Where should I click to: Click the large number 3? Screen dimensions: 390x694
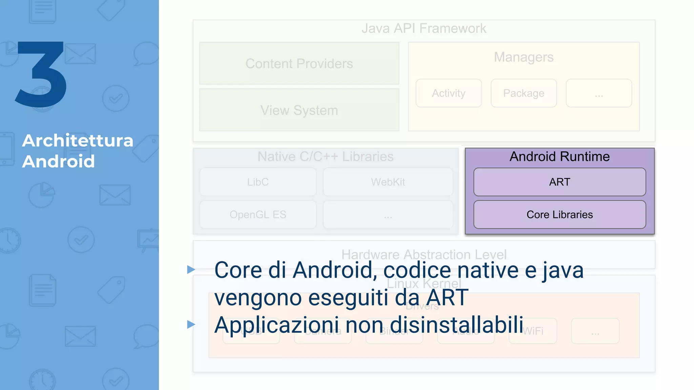click(x=41, y=74)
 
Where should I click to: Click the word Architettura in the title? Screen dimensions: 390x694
click(x=78, y=140)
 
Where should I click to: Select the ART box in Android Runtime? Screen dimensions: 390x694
click(x=559, y=182)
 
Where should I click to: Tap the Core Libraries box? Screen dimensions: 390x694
click(x=559, y=215)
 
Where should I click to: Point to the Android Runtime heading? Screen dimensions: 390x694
click(x=559, y=156)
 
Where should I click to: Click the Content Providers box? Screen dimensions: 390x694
click(x=299, y=64)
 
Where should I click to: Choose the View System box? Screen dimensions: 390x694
click(x=299, y=110)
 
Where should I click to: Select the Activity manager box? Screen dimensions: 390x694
click(x=448, y=93)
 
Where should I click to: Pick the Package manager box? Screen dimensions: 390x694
click(x=524, y=93)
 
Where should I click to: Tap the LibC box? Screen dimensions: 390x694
click(x=258, y=182)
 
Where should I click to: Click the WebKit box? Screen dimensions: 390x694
click(x=388, y=182)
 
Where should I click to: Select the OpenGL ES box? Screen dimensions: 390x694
click(x=258, y=215)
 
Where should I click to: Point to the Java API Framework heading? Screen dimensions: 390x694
click(x=424, y=28)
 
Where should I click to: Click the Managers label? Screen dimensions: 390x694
click(x=524, y=57)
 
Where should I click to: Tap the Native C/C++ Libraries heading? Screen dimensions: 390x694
click(x=325, y=156)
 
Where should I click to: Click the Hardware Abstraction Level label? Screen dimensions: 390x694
click(x=424, y=254)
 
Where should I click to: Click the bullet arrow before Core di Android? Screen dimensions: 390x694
click(x=191, y=270)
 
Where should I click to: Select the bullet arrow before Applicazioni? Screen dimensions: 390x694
click(x=191, y=325)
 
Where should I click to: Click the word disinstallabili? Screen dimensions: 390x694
click(x=456, y=325)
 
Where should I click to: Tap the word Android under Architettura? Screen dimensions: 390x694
click(x=58, y=161)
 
